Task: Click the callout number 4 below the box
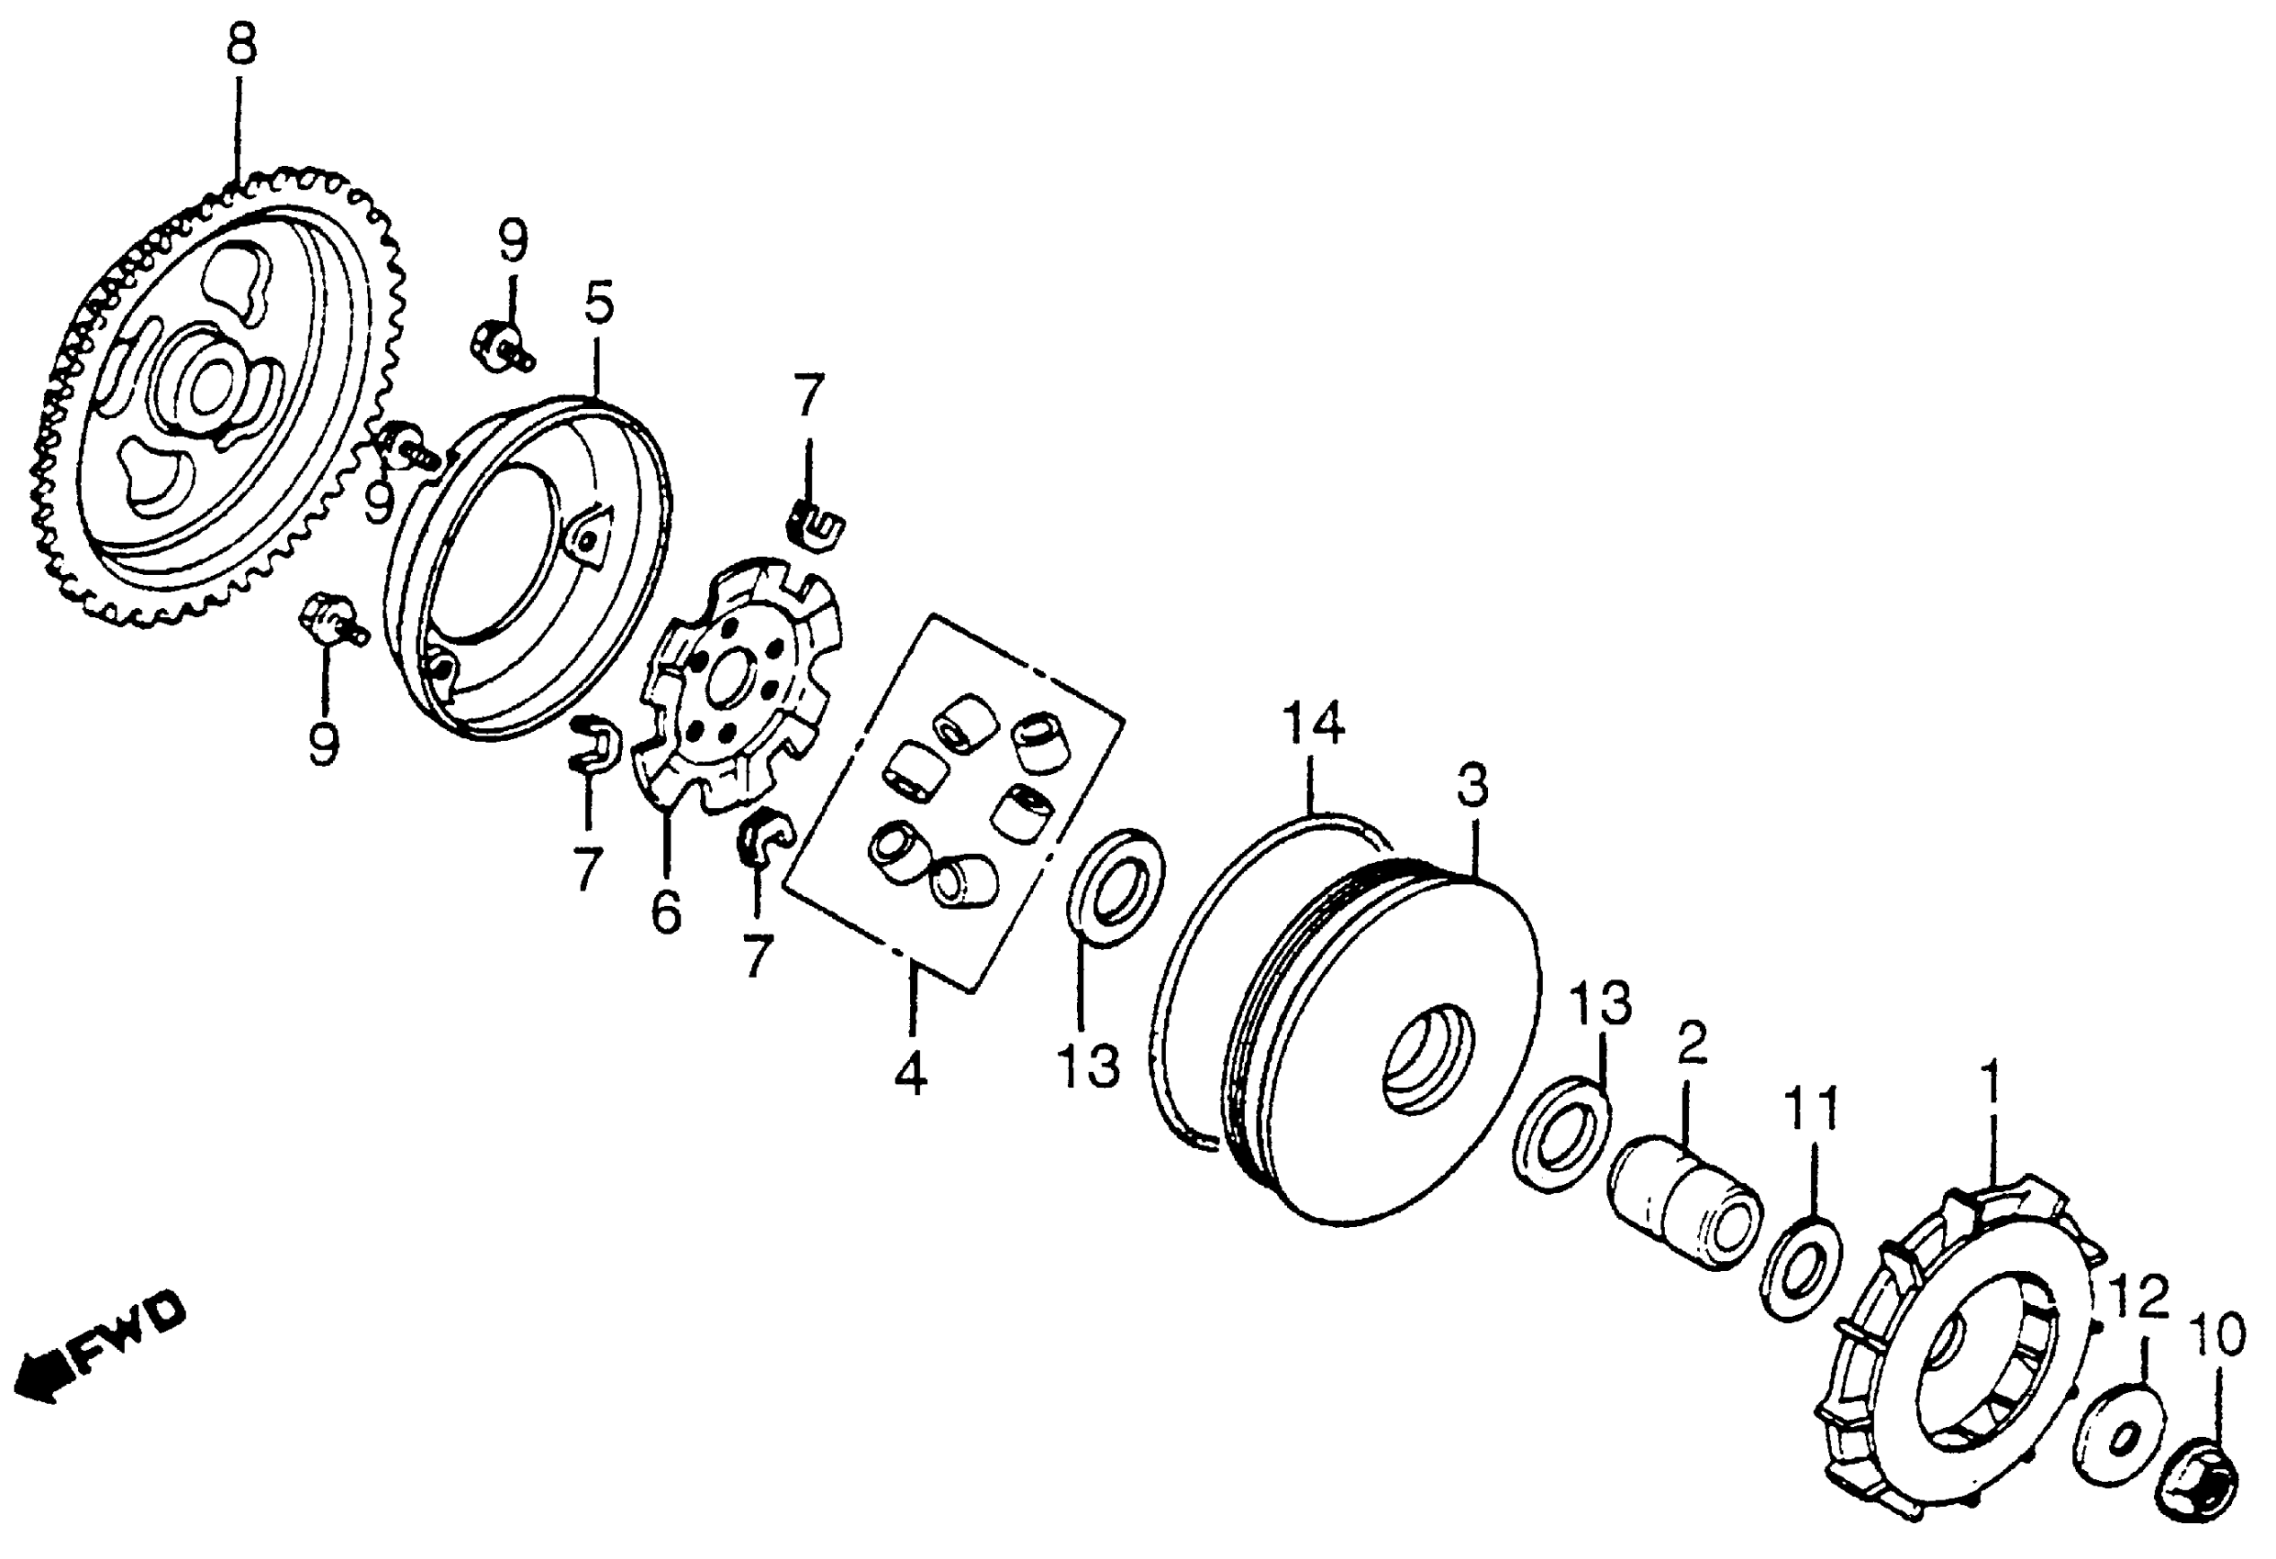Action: [x=910, y=1075]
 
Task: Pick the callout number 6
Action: [x=666, y=913]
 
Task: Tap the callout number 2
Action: [x=1692, y=1044]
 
